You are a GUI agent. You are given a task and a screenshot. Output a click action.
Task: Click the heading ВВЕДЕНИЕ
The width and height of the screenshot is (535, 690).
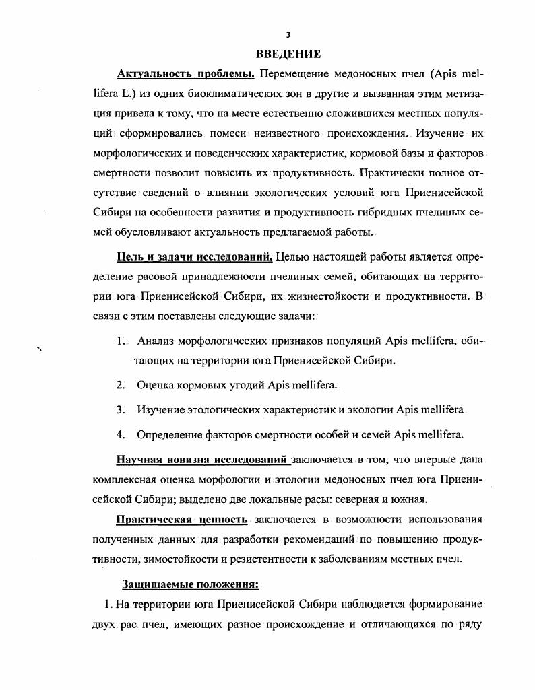[288, 54]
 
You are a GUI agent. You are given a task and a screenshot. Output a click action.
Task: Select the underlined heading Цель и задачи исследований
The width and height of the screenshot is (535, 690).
[195, 256]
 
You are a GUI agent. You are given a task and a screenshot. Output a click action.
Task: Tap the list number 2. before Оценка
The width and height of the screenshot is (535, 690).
[121, 385]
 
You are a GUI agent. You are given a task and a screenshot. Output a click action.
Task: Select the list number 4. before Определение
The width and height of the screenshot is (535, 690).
[121, 434]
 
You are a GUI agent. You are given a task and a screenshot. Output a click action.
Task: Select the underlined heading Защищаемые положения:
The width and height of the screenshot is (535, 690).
[190, 583]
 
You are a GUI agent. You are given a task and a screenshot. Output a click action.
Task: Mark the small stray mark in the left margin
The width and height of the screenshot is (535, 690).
[39, 348]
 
